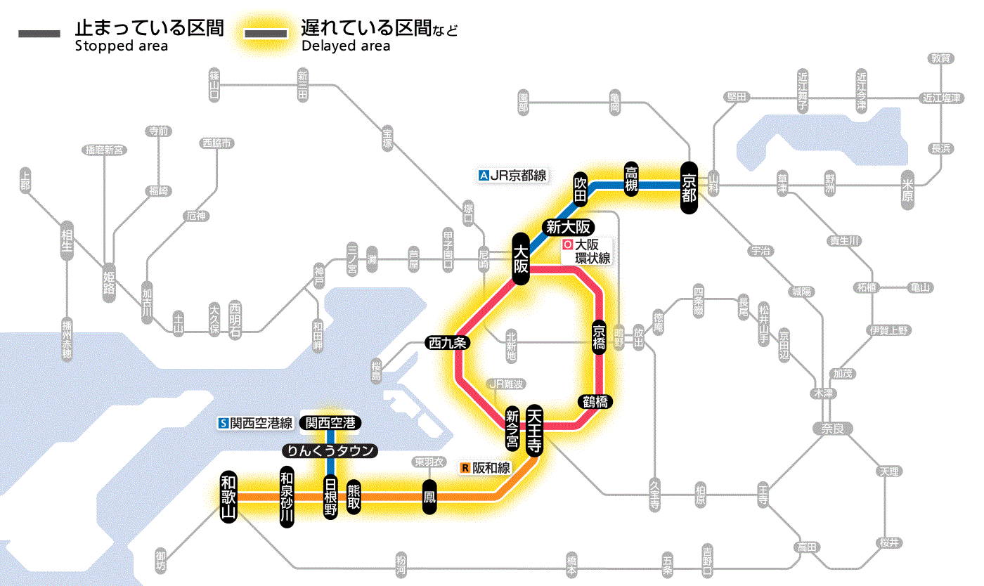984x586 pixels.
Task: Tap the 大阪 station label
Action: point(520,259)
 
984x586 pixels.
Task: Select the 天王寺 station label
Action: point(534,430)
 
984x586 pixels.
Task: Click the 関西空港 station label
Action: point(330,423)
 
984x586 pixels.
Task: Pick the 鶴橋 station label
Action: point(595,402)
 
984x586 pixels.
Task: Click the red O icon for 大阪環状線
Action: point(568,245)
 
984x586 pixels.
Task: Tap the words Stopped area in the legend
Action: point(122,46)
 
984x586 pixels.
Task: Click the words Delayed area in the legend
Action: point(346,46)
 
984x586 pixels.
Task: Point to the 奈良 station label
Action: point(832,428)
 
